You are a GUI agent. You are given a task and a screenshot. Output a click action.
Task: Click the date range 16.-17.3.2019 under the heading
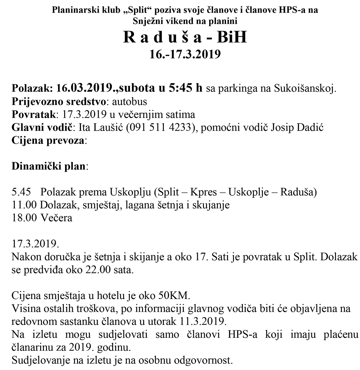(185, 54)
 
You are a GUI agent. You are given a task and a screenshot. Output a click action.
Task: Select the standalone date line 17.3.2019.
(35, 244)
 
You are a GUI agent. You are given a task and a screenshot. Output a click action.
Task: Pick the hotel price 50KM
(174, 296)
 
